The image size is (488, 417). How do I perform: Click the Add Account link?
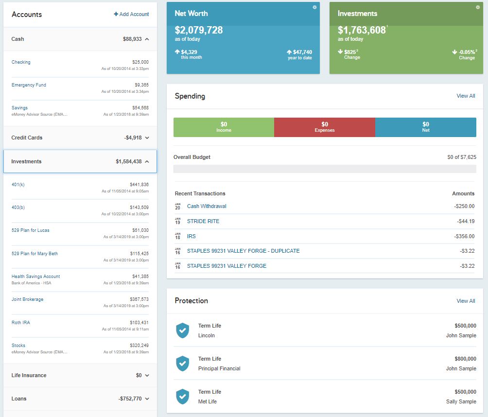point(131,14)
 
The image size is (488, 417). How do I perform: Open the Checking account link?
point(21,62)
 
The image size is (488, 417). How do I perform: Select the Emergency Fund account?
point(29,85)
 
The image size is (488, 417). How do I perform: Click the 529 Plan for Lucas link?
point(30,230)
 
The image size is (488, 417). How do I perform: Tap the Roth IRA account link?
point(20,323)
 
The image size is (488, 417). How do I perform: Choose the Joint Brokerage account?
point(27,299)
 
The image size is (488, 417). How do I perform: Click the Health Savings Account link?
point(35,277)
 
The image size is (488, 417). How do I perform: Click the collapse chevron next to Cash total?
point(147,39)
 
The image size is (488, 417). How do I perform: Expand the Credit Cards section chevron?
point(147,138)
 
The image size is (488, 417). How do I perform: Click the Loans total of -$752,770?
point(130,399)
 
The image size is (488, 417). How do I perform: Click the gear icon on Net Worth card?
point(314,7)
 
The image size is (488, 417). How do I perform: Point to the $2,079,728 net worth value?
point(199,30)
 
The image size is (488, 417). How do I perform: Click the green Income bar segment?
point(224,127)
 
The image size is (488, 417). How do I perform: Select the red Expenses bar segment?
point(325,127)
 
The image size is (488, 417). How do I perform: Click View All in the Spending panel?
point(466,96)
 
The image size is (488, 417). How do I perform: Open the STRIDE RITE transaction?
point(203,221)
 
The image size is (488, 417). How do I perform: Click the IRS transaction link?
point(192,236)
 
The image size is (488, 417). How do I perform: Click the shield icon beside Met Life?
point(182,397)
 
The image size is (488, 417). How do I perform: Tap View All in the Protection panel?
point(466,301)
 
